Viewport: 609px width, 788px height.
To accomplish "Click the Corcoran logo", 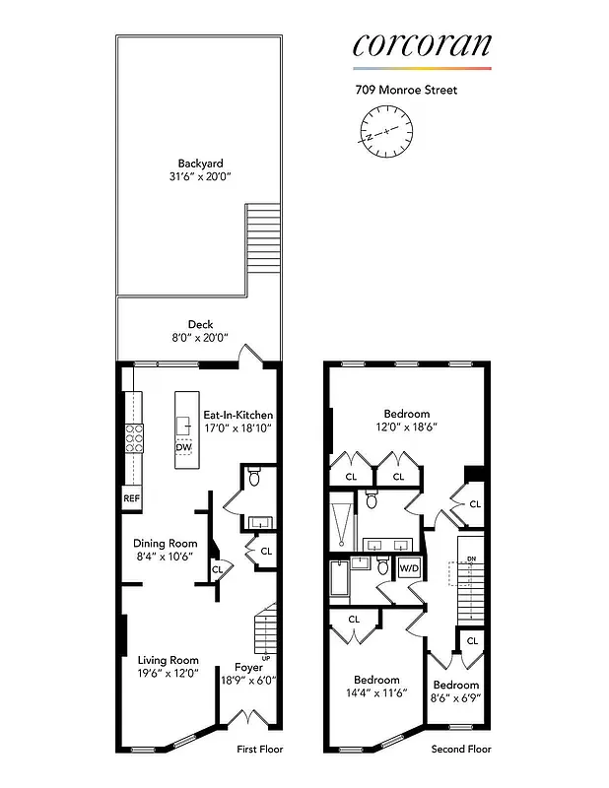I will [422, 45].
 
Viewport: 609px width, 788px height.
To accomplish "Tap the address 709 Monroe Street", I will [406, 90].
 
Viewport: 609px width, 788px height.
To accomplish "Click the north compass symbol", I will [384, 130].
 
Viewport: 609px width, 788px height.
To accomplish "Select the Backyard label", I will [200, 169].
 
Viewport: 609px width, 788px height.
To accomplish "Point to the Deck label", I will [200, 331].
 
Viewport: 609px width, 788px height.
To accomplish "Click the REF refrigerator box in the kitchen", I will [132, 498].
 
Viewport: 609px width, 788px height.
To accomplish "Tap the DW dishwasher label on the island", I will [183, 447].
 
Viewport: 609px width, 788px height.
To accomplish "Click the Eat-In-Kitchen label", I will [237, 422].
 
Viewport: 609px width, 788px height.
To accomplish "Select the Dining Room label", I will [166, 550].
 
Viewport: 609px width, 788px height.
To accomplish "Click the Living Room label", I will [168, 667].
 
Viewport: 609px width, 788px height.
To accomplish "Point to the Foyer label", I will [248, 673].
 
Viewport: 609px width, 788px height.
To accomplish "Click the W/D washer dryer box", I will [408, 568].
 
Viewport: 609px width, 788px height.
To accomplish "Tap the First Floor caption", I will [260, 750].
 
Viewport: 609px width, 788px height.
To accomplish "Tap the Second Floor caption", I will [461, 750].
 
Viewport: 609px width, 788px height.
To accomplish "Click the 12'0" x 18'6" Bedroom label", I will [406, 421].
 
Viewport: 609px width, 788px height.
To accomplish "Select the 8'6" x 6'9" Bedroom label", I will [456, 691].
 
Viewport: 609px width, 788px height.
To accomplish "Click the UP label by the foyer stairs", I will [266, 658].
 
